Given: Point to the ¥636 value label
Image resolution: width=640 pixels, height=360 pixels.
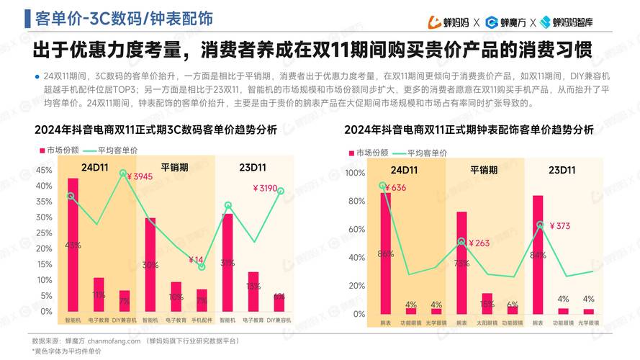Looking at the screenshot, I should pos(395,188).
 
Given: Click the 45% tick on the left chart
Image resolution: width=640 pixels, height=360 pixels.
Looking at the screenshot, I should pos(43,171).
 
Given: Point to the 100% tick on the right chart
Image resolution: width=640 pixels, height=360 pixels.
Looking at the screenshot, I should pos(356,174).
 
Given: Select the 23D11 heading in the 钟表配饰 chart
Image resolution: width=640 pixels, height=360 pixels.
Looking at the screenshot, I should pos(560,171).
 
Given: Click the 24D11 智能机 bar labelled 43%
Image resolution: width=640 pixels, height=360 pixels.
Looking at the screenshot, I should pos(73,245).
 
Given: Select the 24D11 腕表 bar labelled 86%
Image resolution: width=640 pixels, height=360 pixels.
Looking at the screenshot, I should pos(386,252).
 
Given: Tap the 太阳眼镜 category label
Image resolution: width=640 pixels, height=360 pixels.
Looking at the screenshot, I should pos(487,324).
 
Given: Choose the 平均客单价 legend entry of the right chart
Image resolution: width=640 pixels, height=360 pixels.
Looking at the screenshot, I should pos(427,153).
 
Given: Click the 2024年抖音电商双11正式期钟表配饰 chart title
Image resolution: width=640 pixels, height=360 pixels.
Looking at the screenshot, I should pos(469,130).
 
